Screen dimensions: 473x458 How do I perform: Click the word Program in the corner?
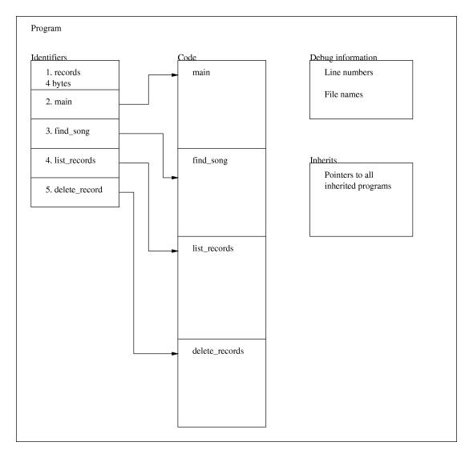(x=46, y=29)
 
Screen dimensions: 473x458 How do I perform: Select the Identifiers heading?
(x=49, y=58)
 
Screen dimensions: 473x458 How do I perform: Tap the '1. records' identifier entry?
(x=63, y=72)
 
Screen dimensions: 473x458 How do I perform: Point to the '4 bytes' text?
(x=58, y=83)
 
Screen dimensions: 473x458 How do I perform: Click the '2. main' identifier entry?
(x=59, y=102)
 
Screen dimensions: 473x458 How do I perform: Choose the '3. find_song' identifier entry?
(x=67, y=131)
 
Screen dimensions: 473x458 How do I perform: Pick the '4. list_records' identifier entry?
(x=71, y=160)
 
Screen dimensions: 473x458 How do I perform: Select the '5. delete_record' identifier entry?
(x=74, y=190)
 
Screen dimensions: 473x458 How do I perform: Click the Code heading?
(x=187, y=58)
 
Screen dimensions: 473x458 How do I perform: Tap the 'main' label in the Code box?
(x=201, y=72)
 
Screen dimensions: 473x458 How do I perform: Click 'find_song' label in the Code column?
(x=210, y=160)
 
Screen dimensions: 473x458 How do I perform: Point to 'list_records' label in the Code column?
(x=213, y=248)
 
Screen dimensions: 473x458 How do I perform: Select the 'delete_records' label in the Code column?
(x=218, y=351)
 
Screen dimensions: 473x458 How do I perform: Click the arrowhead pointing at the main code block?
(x=175, y=75)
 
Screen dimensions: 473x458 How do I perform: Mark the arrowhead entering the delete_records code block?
(x=175, y=353)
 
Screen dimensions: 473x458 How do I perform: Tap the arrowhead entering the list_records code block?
(x=175, y=251)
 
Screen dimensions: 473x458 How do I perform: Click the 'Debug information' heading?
(x=344, y=58)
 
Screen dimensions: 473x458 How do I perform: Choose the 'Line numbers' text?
(x=349, y=72)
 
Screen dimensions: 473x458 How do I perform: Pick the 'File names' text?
(x=344, y=94)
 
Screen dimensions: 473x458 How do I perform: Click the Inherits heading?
(x=323, y=159)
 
